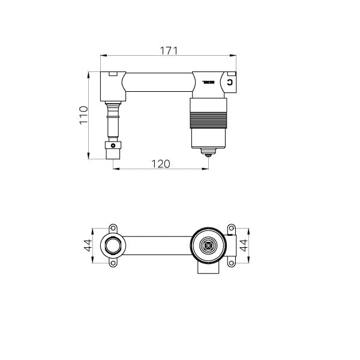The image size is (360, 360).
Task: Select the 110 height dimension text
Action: tap(84, 115)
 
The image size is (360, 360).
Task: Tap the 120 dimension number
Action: tap(160, 163)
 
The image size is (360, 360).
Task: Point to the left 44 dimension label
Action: tap(88, 245)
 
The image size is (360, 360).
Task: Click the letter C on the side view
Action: tap(230, 82)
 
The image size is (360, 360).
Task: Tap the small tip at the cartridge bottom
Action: tap(208, 154)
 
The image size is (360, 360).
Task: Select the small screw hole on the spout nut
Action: tap(113, 145)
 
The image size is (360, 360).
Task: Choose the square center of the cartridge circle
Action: tap(208, 245)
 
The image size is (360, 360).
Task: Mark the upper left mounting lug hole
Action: tap(112, 228)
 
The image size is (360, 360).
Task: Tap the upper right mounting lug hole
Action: tap(230, 228)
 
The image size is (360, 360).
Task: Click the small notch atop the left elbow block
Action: tap(112, 74)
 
